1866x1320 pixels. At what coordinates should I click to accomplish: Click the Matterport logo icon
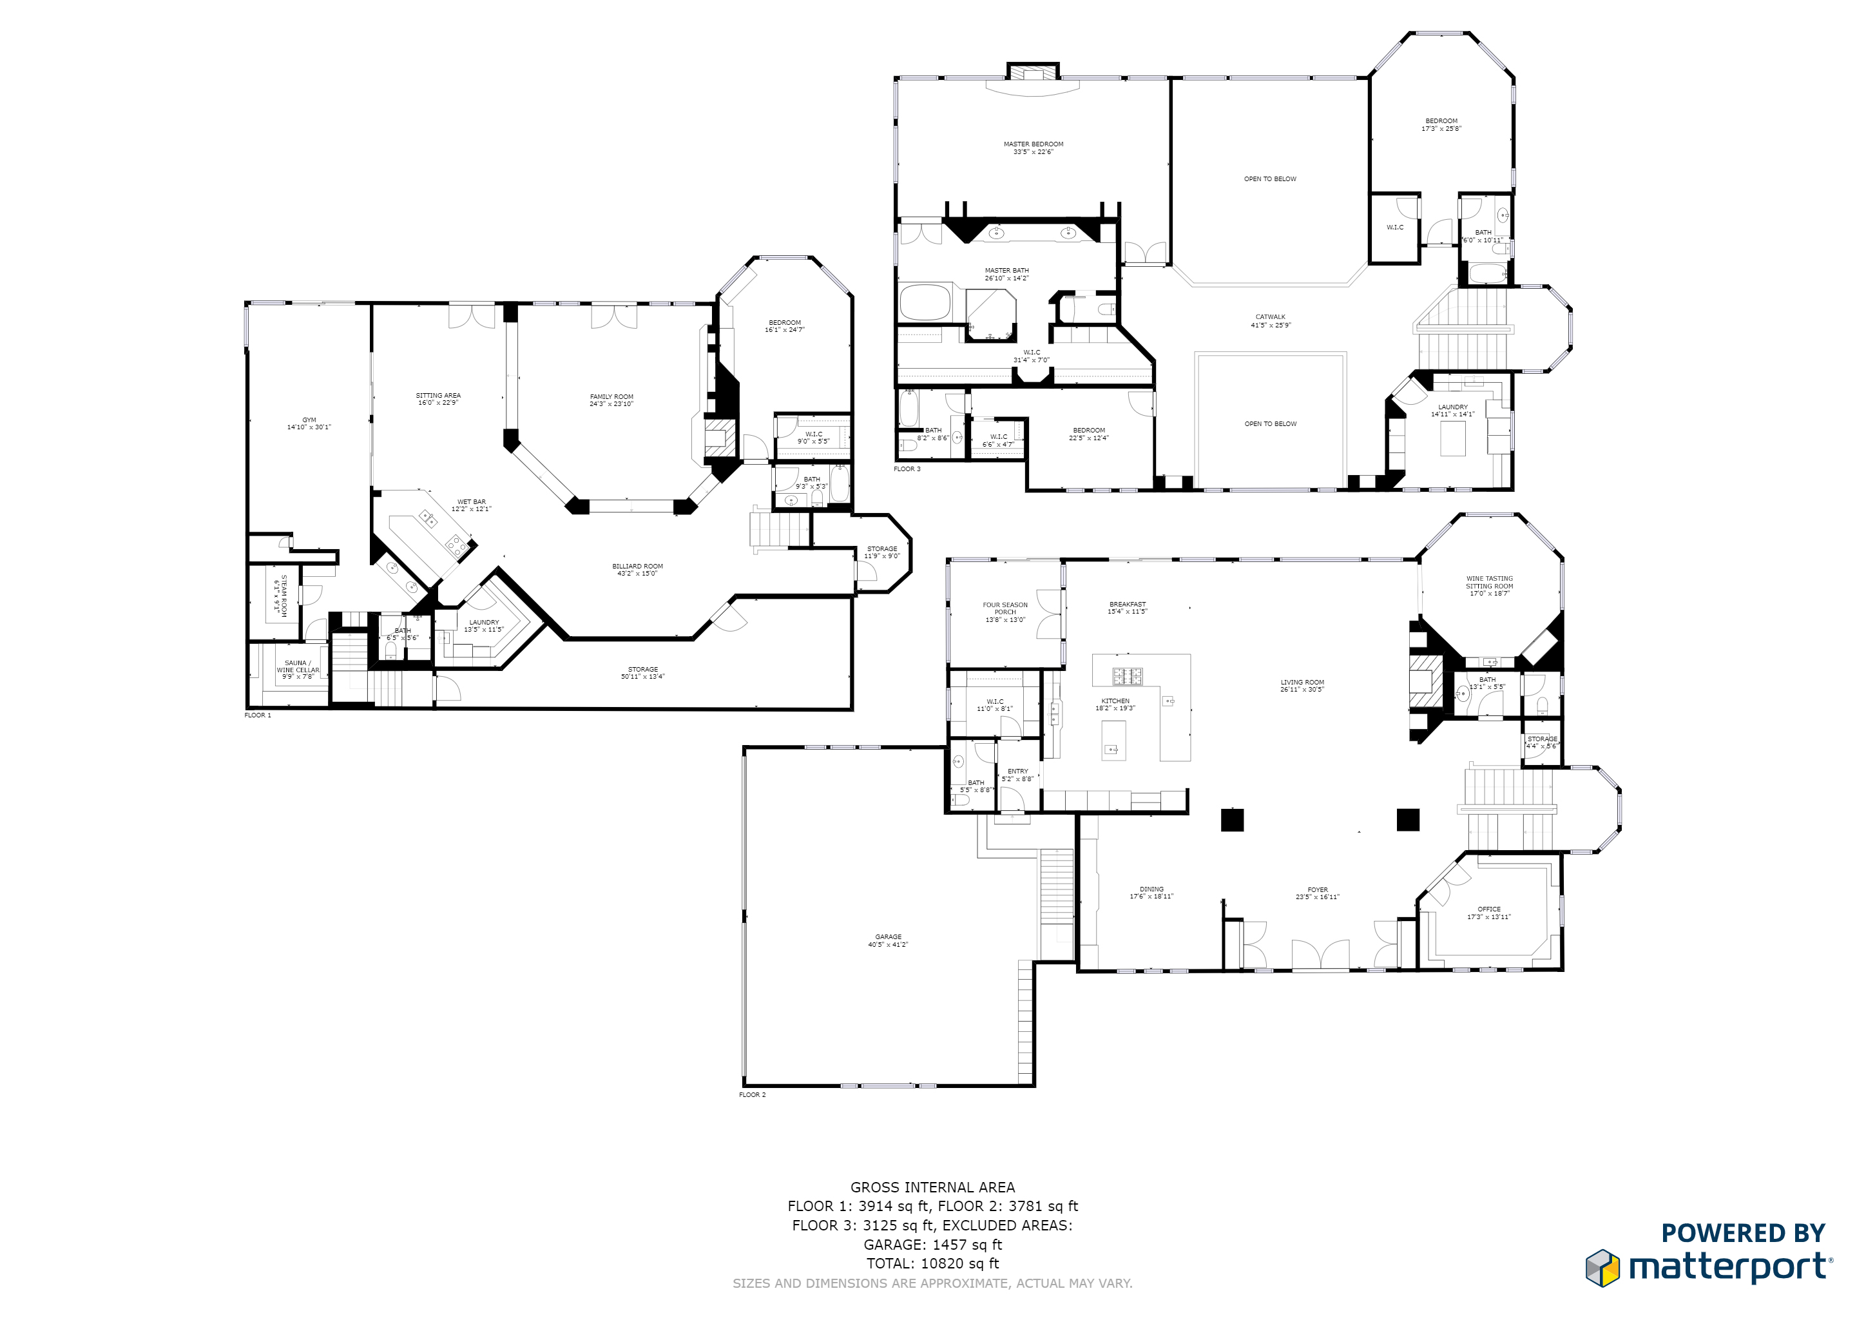pos(1602,1268)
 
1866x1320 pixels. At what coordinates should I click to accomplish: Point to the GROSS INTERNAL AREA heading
pos(932,1187)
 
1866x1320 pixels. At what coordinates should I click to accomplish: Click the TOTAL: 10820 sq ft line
pos(932,1263)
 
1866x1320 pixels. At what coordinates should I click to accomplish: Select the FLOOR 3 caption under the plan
pos(907,469)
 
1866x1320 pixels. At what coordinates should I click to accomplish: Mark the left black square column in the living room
pos(1232,820)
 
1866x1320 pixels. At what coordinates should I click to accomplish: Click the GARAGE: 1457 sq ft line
pos(932,1245)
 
